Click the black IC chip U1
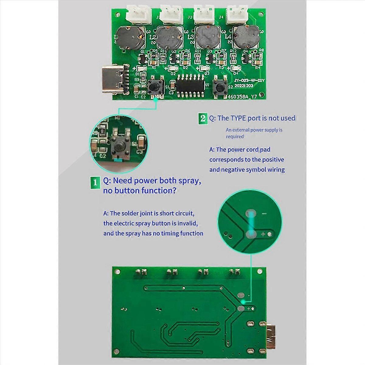click(x=190, y=86)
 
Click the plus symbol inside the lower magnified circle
click(x=263, y=234)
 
